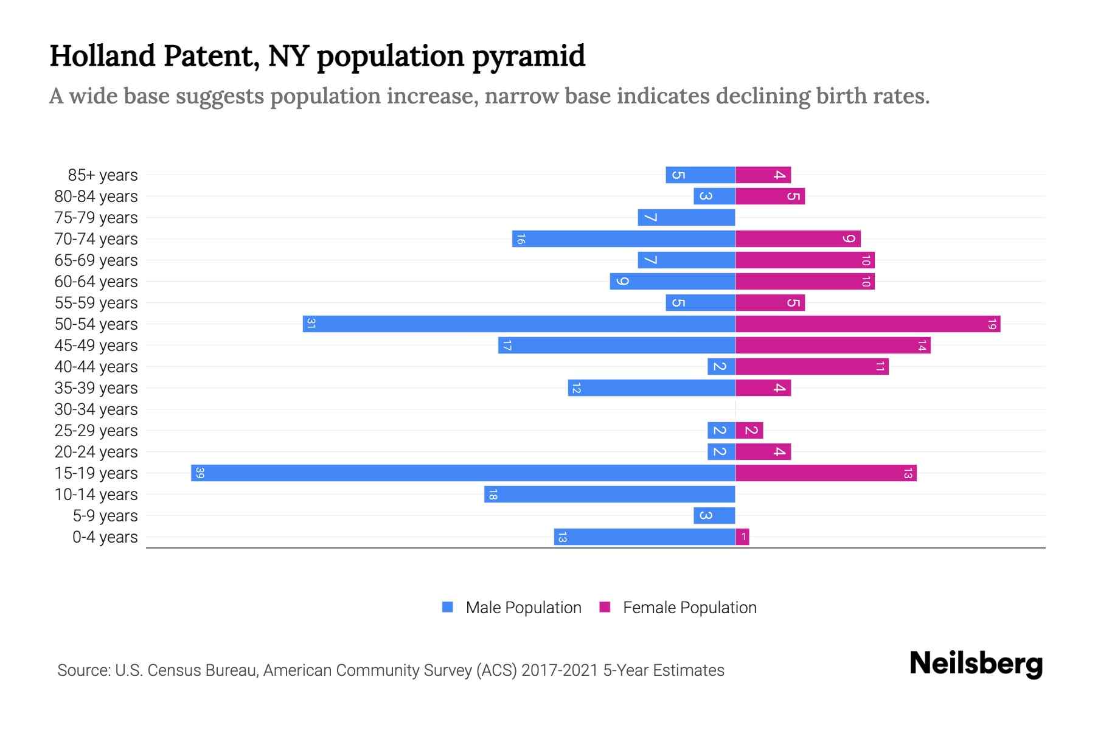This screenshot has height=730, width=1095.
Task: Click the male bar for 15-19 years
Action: [462, 473]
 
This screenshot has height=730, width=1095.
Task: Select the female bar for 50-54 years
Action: [867, 324]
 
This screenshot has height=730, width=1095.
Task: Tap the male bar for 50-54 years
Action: [518, 324]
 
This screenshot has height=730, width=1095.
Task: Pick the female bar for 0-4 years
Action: [742, 537]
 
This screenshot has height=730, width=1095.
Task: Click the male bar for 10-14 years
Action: [610, 494]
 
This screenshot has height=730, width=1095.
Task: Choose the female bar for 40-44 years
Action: [812, 366]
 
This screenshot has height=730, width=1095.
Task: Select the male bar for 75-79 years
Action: [686, 217]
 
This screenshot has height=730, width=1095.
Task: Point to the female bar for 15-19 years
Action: [826, 473]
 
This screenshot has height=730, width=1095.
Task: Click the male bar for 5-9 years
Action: [714, 515]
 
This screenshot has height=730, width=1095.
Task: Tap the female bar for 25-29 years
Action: [749, 430]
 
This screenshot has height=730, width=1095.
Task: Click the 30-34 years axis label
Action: [96, 409]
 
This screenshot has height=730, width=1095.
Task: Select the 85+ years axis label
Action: [103, 175]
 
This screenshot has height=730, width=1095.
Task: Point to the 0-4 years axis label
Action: [105, 537]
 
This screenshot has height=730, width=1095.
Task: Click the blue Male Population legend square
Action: [448, 607]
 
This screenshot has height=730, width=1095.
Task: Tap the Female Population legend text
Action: [689, 607]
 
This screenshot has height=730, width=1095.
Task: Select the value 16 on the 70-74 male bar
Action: [520, 239]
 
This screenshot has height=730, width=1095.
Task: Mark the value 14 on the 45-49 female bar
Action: [922, 346]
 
